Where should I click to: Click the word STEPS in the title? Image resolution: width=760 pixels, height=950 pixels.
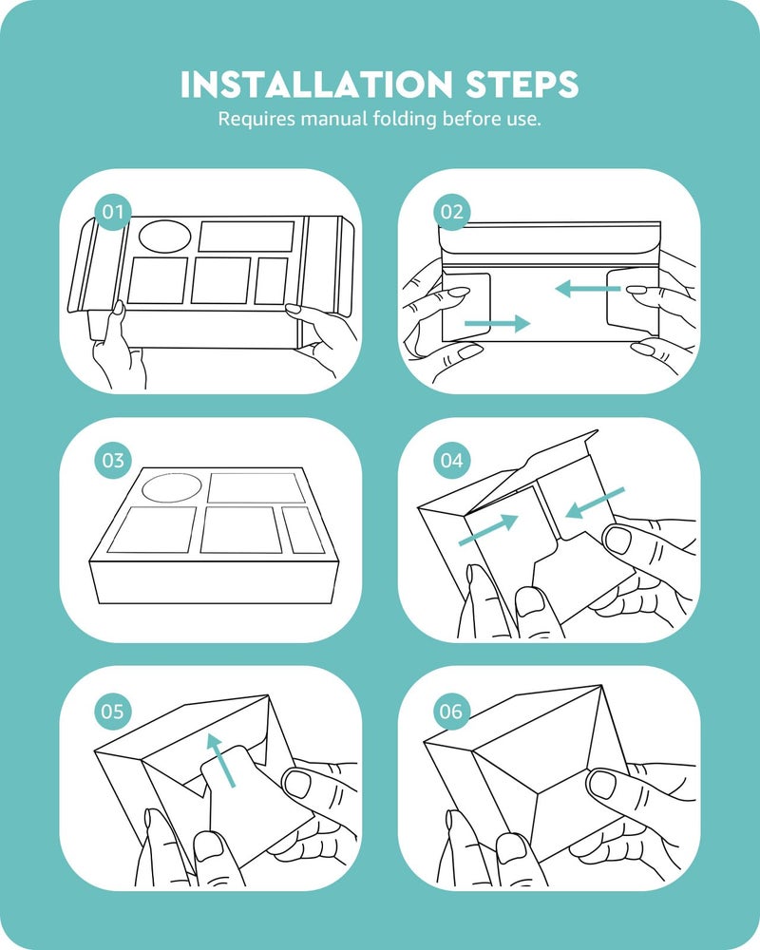(522, 85)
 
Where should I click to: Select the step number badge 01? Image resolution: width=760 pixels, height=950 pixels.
(113, 212)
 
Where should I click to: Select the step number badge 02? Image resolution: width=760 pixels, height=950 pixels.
(451, 212)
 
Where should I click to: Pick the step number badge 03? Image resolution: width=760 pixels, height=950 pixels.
(113, 461)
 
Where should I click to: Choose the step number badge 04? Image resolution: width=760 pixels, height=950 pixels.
(451, 461)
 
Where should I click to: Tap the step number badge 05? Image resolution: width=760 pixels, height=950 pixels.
(113, 711)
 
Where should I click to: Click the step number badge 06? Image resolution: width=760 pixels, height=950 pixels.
(451, 711)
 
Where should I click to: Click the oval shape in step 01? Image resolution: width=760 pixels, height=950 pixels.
(165, 237)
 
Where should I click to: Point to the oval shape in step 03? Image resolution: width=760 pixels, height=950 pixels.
(172, 488)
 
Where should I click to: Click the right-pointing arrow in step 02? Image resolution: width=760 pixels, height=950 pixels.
(497, 324)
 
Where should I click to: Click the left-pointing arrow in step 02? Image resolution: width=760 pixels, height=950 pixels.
(588, 289)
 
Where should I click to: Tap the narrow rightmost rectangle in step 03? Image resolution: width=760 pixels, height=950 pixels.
(303, 530)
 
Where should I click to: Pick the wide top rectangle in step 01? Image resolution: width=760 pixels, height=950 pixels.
(246, 237)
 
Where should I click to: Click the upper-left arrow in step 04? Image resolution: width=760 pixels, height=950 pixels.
(488, 529)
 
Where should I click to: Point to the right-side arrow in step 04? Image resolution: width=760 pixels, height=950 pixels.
(595, 503)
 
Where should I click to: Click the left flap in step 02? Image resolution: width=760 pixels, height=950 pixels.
(465, 307)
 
